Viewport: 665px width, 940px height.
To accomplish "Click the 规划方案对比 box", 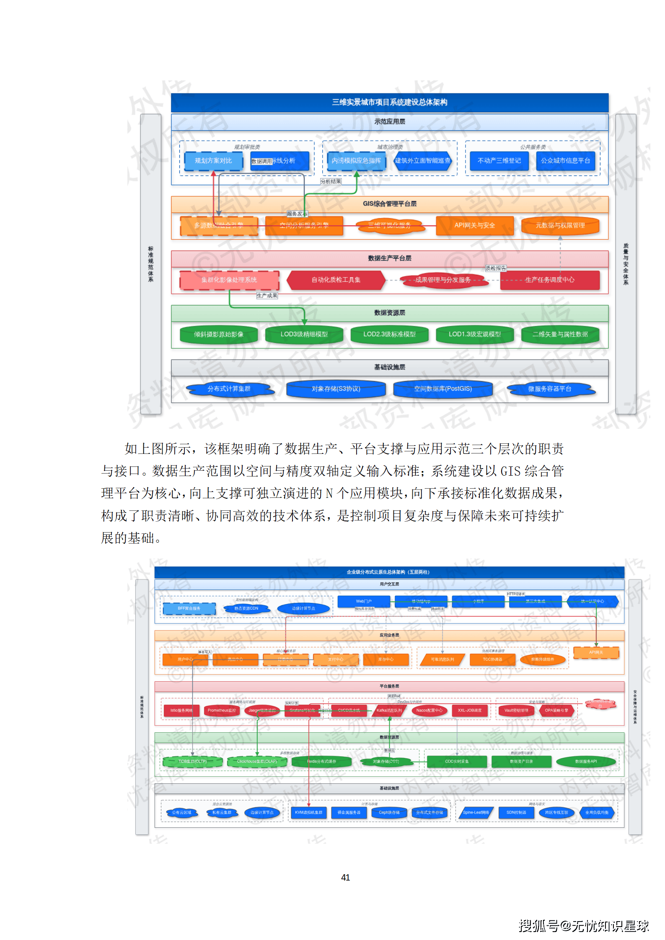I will [x=213, y=161].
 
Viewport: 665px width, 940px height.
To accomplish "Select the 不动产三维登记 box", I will [x=499, y=161].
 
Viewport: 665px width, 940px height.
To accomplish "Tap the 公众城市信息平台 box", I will [x=565, y=161].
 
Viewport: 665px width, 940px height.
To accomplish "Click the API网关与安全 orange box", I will [x=474, y=225].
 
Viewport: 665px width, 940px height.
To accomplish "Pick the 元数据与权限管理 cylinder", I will [x=560, y=225].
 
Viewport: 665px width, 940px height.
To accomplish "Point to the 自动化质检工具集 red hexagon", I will [x=336, y=280].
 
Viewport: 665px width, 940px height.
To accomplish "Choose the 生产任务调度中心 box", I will [x=549, y=280].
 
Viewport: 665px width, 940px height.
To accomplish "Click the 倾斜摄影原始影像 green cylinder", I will [x=218, y=334].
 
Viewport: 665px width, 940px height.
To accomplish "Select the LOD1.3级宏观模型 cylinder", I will [x=474, y=334].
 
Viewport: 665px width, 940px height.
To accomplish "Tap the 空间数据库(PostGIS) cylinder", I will [x=442, y=389].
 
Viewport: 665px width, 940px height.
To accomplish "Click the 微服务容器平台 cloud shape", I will [x=549, y=389].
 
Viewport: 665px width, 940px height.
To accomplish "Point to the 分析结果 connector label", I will [x=331, y=181].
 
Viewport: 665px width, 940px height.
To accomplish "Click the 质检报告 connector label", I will [x=496, y=268].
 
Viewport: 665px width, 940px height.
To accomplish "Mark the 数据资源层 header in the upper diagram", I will [x=389, y=313].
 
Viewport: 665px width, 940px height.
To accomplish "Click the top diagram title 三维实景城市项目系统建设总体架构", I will [x=389, y=102].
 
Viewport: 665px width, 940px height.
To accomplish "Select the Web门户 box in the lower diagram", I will [x=363, y=601].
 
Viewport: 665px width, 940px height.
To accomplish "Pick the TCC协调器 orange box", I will [x=492, y=659].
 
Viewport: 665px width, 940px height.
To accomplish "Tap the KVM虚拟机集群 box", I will [x=308, y=812].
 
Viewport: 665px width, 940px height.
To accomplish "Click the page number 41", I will [x=345, y=877].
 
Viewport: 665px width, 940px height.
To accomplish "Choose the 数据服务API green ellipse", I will [x=585, y=761].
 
